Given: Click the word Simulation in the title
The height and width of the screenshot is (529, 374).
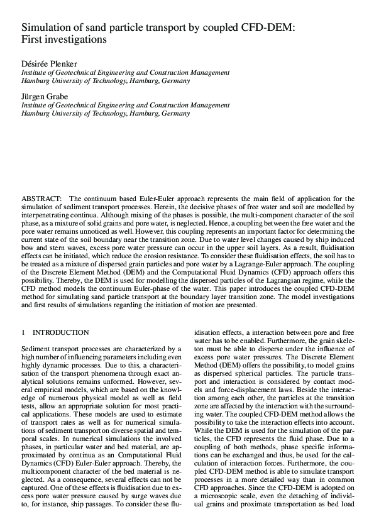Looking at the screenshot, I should click(x=48, y=28).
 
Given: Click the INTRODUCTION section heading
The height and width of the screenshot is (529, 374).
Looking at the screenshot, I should click(x=61, y=332).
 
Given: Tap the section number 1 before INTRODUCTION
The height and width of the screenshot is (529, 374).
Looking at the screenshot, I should click(x=23, y=332).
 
